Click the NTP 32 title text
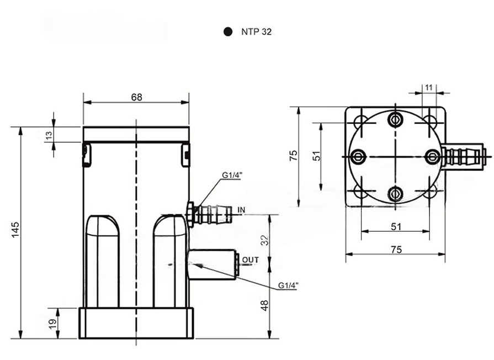256,32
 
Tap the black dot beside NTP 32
228,31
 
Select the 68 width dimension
136,97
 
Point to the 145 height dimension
15,230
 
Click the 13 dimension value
49,135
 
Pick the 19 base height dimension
52,323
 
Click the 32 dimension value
265,240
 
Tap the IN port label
241,210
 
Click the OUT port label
251,260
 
